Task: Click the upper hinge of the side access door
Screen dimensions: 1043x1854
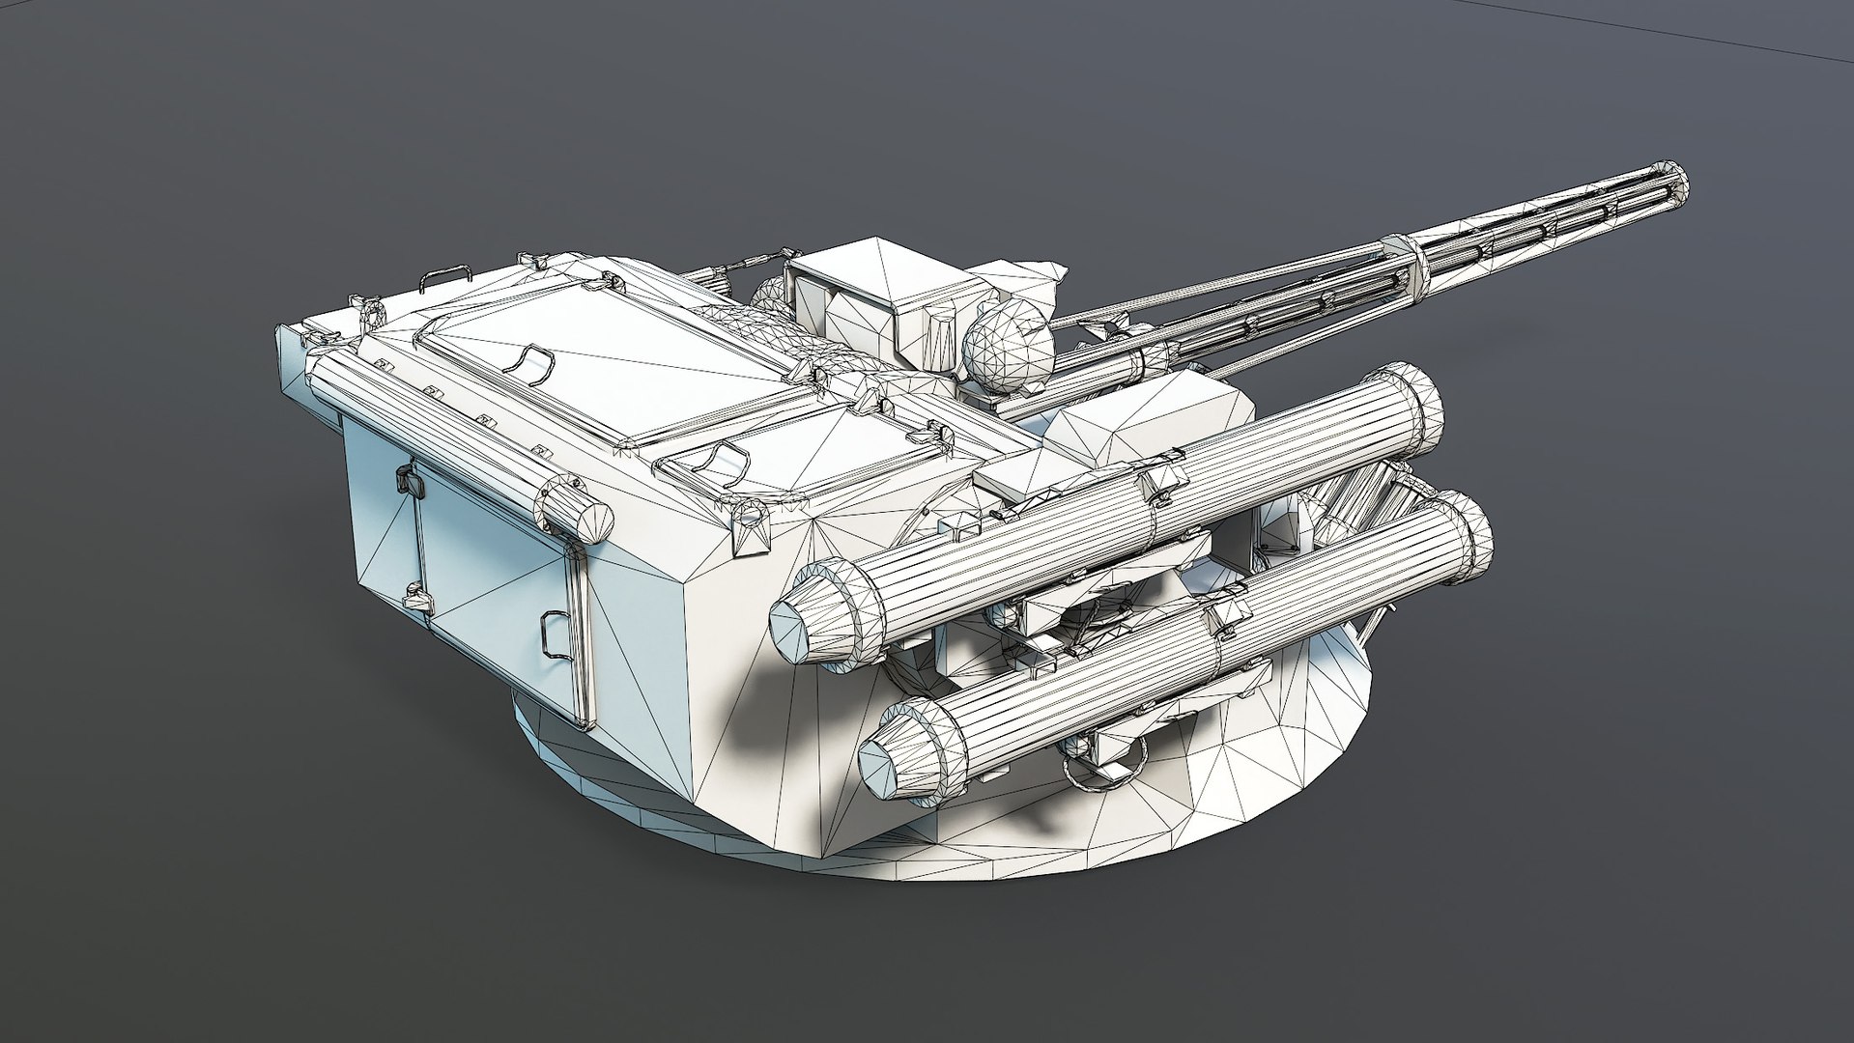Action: tap(406, 479)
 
